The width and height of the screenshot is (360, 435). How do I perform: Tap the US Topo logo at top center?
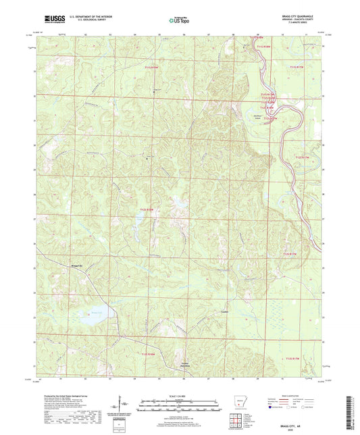pyautogui.click(x=179, y=21)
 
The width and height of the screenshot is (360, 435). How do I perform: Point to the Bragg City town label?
pyautogui.click(x=78, y=266)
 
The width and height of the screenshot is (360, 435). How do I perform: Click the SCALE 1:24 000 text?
pyautogui.click(x=179, y=395)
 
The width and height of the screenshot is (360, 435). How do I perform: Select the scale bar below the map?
pyautogui.click(x=179, y=405)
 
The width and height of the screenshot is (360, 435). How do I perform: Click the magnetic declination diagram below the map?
pyautogui.click(x=123, y=407)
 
